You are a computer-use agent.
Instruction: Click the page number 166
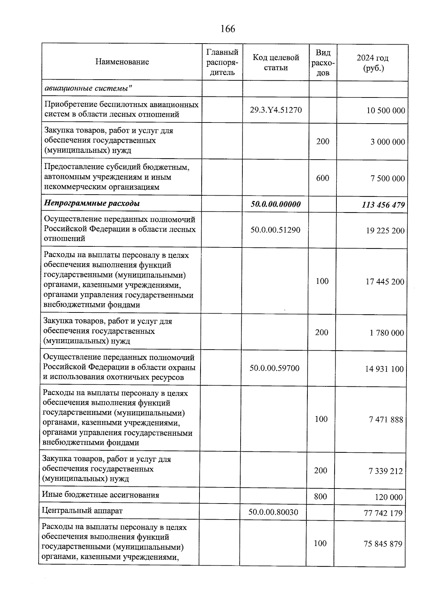point(228,29)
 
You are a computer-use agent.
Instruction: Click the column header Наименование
point(122,62)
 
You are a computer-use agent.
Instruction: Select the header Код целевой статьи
point(276,62)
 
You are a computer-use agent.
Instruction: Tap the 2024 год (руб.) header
point(373,63)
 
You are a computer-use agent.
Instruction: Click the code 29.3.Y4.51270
point(276,110)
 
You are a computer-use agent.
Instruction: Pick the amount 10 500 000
point(385,111)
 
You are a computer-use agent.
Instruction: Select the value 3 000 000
point(388,142)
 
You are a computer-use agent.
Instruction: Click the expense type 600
point(322,178)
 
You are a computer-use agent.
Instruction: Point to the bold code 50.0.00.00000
point(275,204)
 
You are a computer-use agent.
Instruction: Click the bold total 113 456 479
point(383,205)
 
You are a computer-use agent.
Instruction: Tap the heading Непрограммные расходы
point(92,204)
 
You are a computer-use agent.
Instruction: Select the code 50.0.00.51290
point(275,230)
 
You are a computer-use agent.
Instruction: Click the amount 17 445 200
point(385,282)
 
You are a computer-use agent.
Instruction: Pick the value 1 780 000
point(386,333)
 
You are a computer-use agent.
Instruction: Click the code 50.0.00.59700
point(274,368)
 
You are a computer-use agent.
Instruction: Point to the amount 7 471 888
point(386,420)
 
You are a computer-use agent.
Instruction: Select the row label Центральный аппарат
point(82,511)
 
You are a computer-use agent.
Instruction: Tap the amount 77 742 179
point(383,514)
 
